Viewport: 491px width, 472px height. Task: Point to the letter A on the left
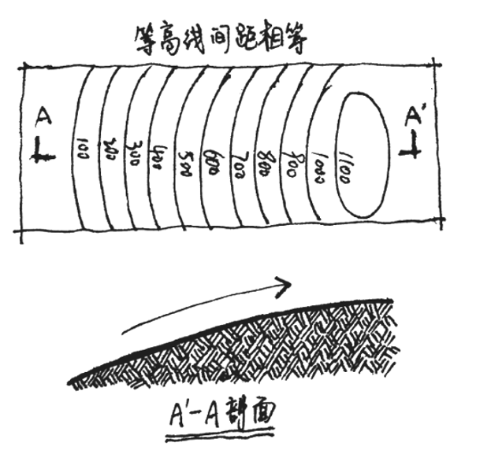pos(44,119)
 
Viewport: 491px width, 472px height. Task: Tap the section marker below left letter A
pos(42,150)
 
